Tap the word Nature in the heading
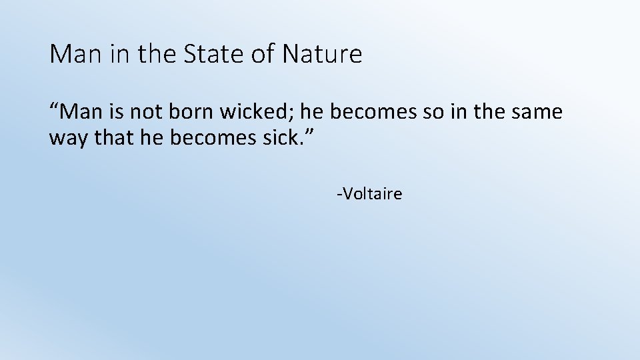[x=322, y=54]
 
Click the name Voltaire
[x=371, y=194]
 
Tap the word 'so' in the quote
[x=433, y=113]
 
